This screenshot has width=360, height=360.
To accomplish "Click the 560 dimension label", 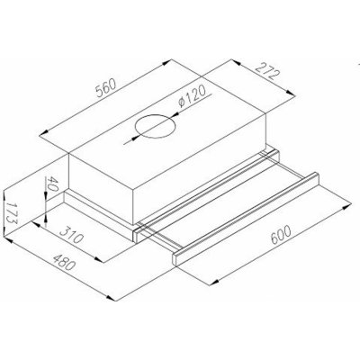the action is pyautogui.click(x=106, y=87).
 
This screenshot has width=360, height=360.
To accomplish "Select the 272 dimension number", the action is pyautogui.click(x=268, y=71).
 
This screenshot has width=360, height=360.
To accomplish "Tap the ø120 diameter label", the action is pyautogui.click(x=193, y=95).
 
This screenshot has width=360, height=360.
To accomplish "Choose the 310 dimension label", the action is pyautogui.click(x=71, y=234).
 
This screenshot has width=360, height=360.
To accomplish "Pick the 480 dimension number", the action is pyautogui.click(x=63, y=262).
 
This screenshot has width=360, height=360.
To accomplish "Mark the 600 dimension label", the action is pyautogui.click(x=281, y=235).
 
